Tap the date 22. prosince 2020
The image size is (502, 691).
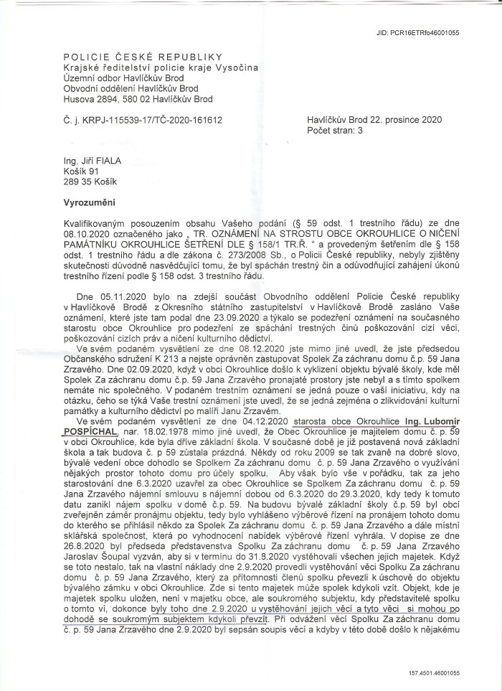408,120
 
